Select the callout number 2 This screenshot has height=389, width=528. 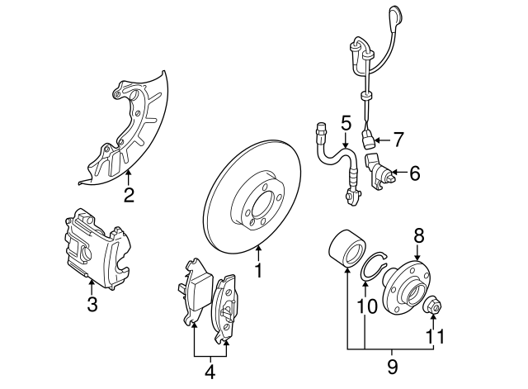click(129, 196)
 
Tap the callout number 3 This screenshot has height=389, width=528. click(92, 305)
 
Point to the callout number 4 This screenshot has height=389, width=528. click(210, 372)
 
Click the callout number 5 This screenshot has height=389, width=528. click(346, 123)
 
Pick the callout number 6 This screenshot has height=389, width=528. click(414, 173)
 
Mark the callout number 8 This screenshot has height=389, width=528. click(418, 235)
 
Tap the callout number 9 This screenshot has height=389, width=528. click(392, 365)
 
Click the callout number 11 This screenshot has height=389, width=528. click(434, 336)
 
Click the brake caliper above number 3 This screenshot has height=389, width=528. click(96, 244)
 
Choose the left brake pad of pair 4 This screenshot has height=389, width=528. click(196, 292)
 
